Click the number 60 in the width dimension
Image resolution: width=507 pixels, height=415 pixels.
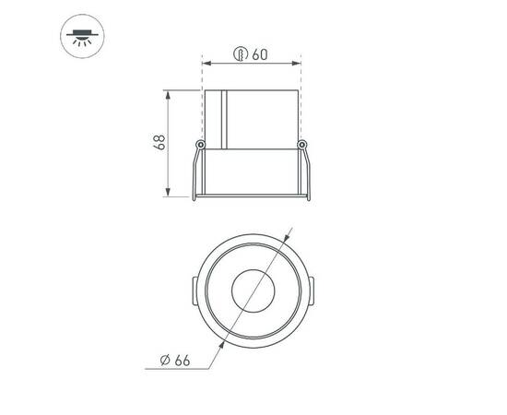[259, 54]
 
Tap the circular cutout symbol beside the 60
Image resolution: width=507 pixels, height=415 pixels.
[240, 54]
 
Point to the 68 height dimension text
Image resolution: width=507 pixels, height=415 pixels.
[159, 143]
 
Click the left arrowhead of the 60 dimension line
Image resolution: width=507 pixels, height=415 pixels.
[206, 63]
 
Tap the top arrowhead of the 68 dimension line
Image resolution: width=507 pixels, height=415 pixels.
[168, 94]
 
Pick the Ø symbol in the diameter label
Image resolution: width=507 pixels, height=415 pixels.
[163, 360]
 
